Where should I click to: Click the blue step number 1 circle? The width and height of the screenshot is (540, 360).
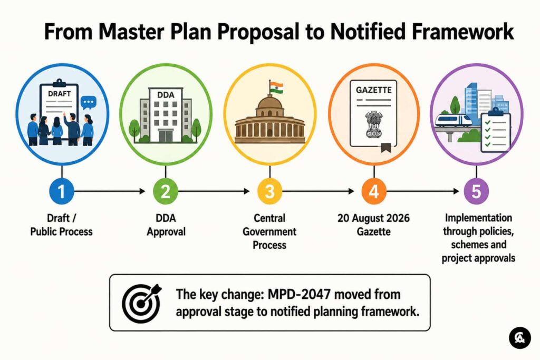tap(61, 191)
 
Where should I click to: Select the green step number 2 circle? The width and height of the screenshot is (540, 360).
tap(166, 191)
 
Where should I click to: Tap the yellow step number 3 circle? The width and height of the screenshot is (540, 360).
tap(269, 191)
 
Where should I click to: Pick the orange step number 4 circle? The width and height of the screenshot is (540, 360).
tap(374, 191)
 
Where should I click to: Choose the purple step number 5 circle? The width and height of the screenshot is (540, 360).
tap(476, 191)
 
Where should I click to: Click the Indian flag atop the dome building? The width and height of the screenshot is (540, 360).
tap(276, 87)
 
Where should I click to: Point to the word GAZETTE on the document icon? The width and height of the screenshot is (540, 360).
tap(374, 90)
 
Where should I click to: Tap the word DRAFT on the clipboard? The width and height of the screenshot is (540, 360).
tap(59, 94)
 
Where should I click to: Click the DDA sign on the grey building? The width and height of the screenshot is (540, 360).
tap(166, 95)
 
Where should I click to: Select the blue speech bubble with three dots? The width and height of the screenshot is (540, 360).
tap(89, 103)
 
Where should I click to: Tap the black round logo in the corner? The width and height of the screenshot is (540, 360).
tap(519, 338)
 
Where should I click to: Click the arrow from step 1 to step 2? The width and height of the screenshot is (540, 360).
tap(110, 191)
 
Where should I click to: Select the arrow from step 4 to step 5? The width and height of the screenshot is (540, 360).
tap(423, 191)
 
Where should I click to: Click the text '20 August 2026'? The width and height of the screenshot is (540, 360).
tap(374, 218)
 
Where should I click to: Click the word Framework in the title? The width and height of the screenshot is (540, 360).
tap(462, 32)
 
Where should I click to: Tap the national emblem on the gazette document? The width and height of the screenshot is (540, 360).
tap(373, 124)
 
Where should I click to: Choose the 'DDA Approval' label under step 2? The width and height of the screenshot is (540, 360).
tap(166, 225)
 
